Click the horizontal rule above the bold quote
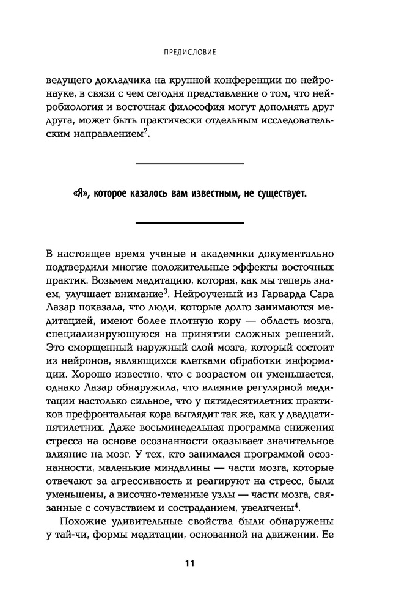[189, 164]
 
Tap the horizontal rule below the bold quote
[189, 221]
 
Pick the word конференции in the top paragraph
[241, 82]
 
